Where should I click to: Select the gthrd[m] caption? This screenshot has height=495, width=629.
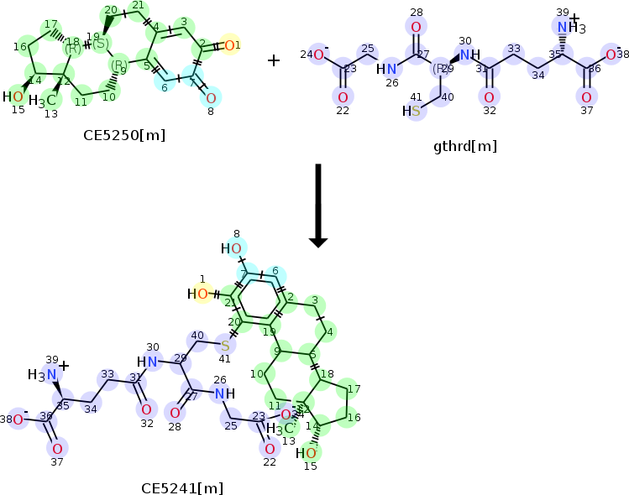tap(464, 146)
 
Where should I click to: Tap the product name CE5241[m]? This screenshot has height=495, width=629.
tap(182, 487)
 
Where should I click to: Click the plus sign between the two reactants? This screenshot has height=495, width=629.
tap(274, 60)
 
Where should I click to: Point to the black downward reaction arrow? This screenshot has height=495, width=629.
tap(317, 206)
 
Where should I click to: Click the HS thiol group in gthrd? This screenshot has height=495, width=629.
tap(411, 111)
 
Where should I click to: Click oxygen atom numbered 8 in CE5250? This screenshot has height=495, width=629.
tap(211, 98)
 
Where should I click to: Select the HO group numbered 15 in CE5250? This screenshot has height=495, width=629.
tap(13, 96)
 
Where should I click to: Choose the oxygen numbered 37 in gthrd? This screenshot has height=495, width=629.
tap(585, 97)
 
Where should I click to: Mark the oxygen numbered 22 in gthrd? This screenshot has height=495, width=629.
tap(343, 97)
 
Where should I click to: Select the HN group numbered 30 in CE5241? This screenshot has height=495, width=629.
tap(149, 362)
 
